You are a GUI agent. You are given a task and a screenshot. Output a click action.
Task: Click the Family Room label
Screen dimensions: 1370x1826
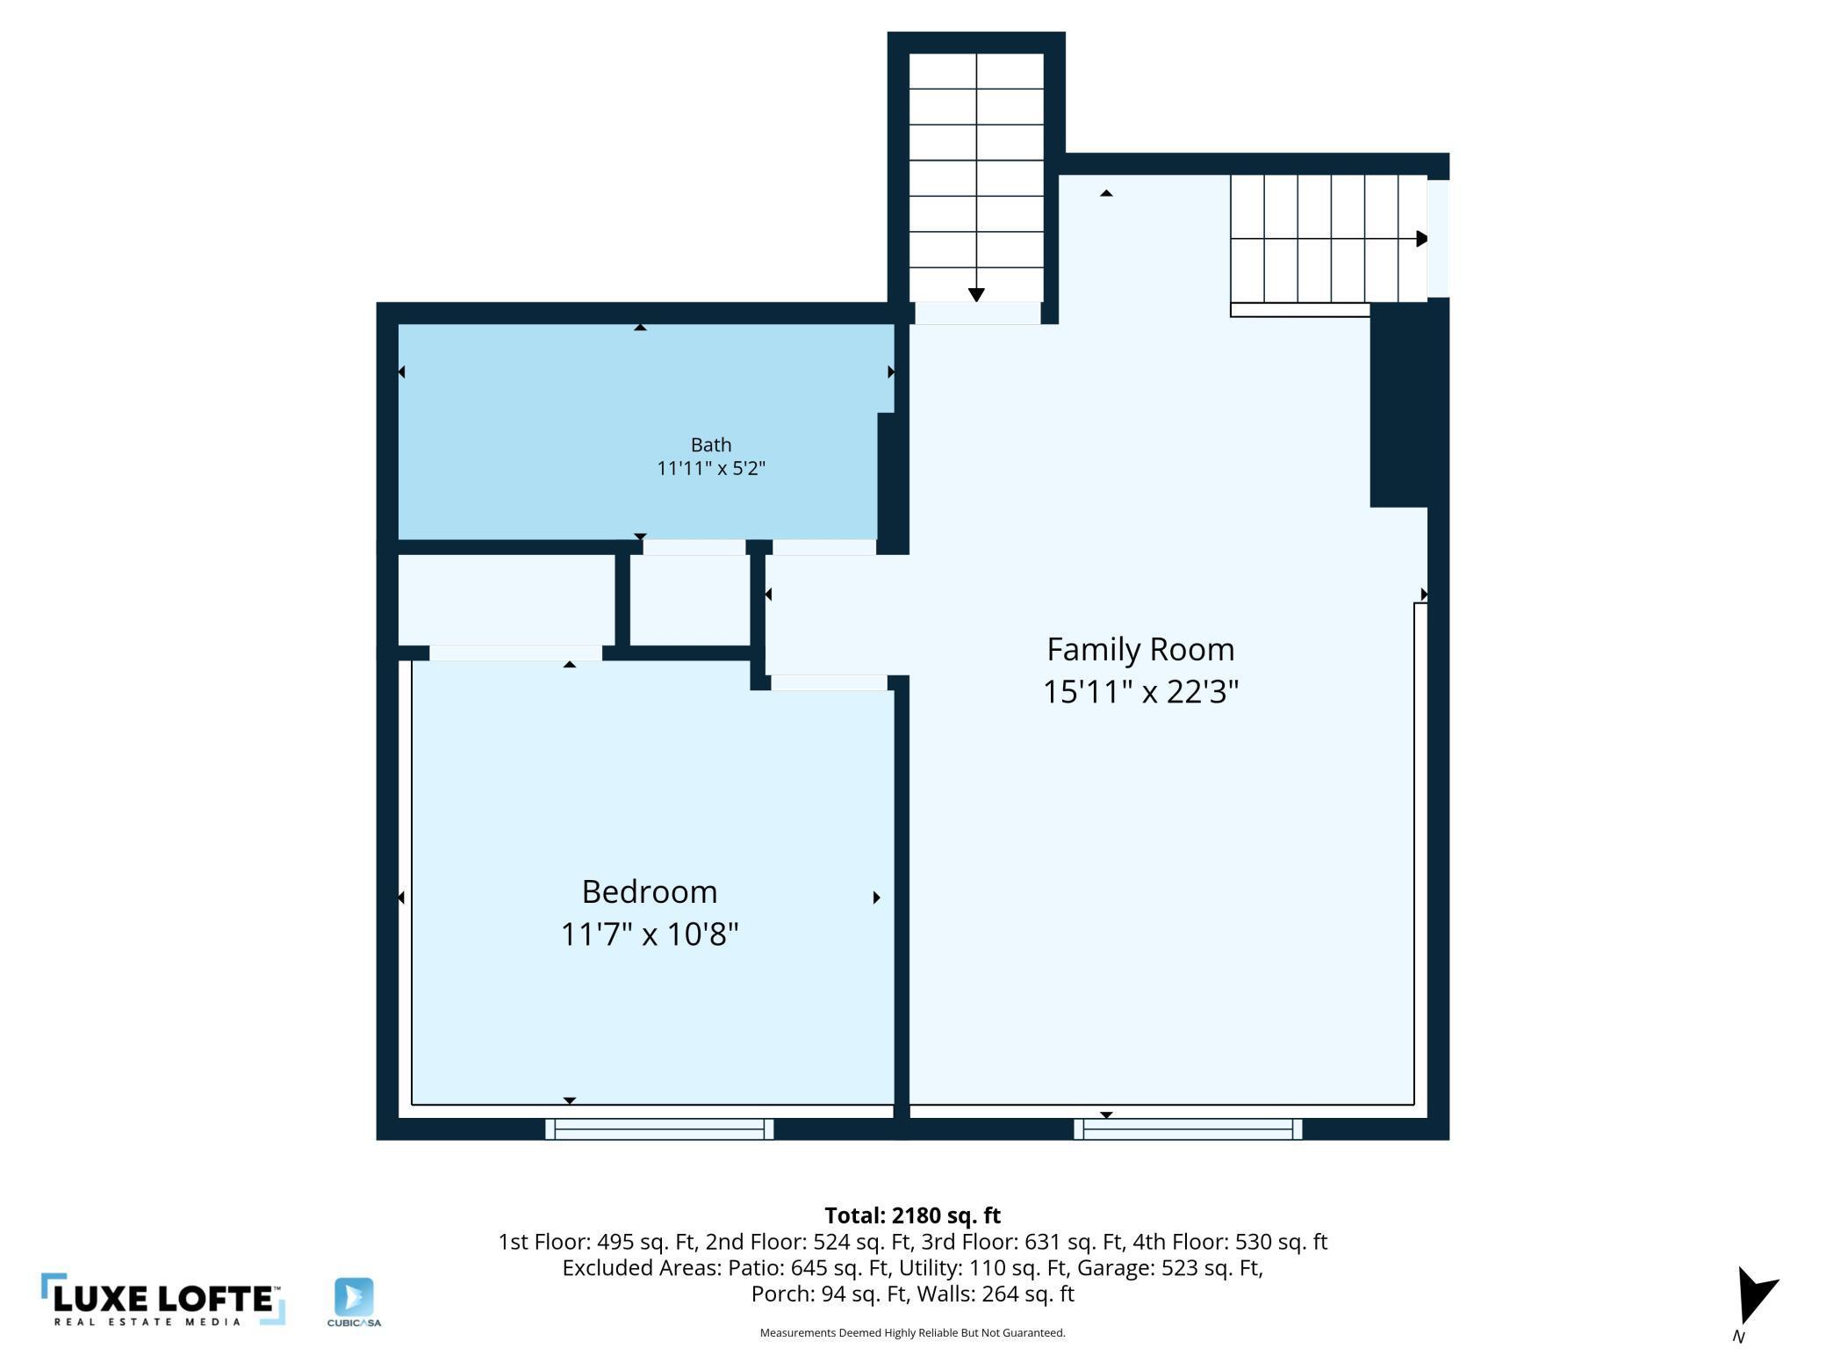(1139, 650)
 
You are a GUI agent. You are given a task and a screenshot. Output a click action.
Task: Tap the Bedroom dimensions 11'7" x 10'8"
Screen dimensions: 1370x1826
(650, 934)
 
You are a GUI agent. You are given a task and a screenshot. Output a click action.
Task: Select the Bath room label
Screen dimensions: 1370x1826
(710, 445)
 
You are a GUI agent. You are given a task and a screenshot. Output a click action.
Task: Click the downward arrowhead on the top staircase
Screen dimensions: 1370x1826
(976, 295)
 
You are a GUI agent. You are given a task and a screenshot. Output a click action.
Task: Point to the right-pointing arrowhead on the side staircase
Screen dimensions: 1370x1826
(1421, 239)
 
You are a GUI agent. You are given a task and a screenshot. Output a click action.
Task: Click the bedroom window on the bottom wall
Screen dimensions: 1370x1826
(659, 1128)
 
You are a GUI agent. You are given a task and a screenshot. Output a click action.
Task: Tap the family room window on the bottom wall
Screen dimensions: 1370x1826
(1188, 1128)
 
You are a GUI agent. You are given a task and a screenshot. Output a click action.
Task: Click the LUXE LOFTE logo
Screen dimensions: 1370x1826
(163, 1300)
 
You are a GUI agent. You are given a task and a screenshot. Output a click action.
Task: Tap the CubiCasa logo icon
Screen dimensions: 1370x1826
(354, 1298)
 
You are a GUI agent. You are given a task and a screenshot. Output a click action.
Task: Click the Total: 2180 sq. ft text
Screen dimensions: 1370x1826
(912, 1215)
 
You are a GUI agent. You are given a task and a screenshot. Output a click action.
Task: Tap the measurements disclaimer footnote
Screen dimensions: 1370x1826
(912, 1333)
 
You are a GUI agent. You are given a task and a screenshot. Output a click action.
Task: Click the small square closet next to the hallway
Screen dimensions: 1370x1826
(690, 601)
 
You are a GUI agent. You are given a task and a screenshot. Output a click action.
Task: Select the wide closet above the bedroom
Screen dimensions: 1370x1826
(506, 601)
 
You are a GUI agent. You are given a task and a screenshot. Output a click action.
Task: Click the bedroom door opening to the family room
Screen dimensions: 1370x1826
(829, 683)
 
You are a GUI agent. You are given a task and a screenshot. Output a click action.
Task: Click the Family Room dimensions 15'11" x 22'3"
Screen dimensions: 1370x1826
(1139, 692)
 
